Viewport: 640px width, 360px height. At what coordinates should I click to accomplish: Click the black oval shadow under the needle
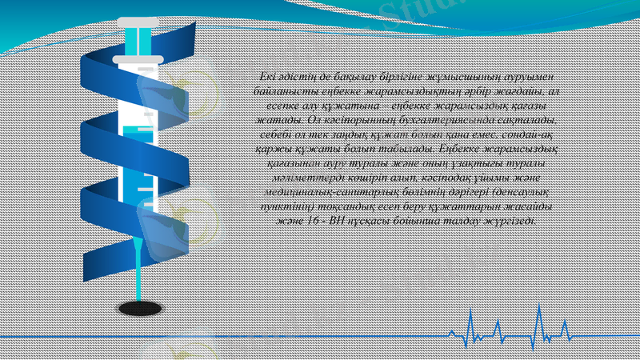140,307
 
